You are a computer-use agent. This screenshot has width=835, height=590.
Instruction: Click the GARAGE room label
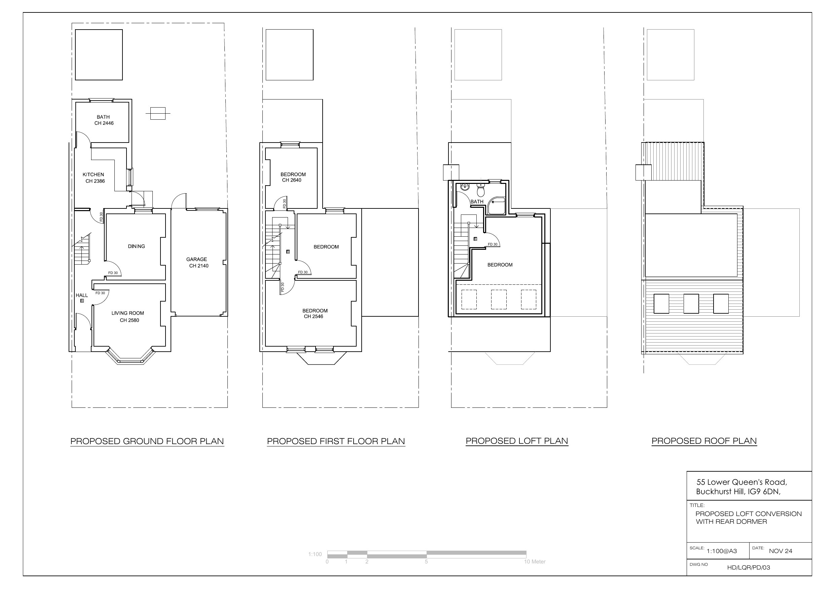[x=196, y=259]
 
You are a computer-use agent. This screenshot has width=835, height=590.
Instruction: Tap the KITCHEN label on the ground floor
[x=93, y=174]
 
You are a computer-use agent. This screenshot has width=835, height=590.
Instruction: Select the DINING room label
[x=136, y=246]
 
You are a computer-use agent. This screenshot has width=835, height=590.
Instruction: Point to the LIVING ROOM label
[x=128, y=313]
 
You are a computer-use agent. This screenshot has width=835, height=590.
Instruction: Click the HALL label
[x=82, y=295]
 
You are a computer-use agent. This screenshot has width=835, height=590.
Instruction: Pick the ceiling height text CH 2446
[x=104, y=123]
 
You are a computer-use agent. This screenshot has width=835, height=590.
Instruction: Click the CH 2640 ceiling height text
[x=292, y=180]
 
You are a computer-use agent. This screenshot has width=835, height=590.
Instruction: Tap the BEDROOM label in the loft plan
[x=500, y=265]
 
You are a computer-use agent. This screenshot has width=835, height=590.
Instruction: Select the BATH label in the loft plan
[x=477, y=202]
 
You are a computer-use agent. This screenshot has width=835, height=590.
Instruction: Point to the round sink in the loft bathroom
[x=465, y=187]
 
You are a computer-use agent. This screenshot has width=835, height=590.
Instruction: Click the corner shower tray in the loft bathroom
[x=497, y=206]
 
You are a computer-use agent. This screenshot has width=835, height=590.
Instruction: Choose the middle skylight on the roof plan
[x=691, y=304]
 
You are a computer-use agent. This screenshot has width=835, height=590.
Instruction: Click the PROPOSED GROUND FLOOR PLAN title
[x=147, y=441]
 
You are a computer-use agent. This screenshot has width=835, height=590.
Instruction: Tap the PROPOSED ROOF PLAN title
[x=704, y=441]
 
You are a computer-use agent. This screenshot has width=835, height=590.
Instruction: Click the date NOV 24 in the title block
[x=780, y=551]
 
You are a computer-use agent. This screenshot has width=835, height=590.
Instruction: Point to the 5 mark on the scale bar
[x=426, y=562]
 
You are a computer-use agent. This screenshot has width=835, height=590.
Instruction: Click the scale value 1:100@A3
[x=722, y=551]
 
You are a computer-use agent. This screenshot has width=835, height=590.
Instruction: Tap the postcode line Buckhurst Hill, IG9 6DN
[x=738, y=492]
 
